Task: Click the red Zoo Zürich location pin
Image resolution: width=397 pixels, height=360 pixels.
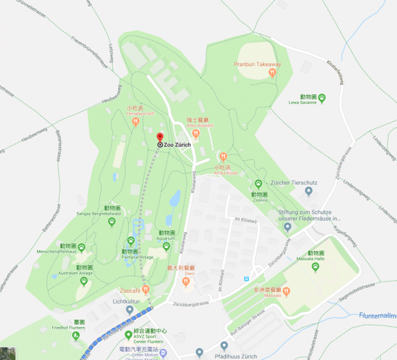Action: point(160,138)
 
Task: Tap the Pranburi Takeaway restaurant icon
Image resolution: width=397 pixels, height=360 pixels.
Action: point(272,73)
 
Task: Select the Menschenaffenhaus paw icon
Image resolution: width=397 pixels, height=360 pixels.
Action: point(82,247)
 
